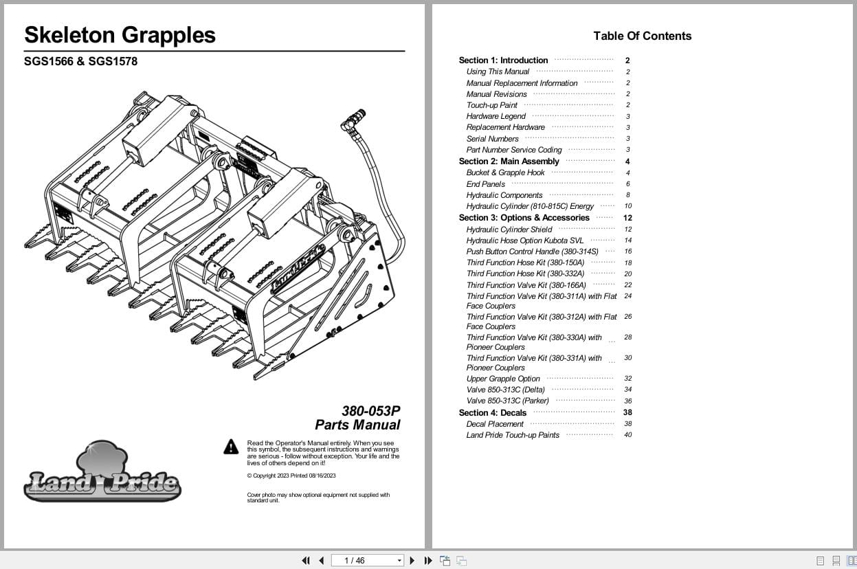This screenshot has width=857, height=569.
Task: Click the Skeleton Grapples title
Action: pos(120,35)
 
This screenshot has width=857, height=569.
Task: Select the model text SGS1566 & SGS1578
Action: pos(80,61)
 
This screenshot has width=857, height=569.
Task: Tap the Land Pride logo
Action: pos(102,471)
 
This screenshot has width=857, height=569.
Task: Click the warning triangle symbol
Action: pos(231,447)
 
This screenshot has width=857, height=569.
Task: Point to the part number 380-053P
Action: pos(370,410)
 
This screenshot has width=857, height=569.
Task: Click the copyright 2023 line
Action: pos(291,476)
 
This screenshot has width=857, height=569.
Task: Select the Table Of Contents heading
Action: pos(643,36)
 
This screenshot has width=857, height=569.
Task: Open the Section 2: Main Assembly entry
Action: pos(509,161)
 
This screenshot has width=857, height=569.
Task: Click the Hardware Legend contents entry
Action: pos(496,116)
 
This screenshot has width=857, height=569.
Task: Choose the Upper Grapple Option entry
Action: pos(503,379)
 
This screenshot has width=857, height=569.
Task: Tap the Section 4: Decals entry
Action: pos(492,413)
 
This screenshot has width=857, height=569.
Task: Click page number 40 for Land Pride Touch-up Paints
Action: pos(628,435)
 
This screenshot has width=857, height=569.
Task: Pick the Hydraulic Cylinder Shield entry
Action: pos(509,230)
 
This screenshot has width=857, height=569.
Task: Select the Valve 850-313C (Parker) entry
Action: pos(507,401)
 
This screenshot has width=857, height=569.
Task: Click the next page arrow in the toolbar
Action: pos(412,561)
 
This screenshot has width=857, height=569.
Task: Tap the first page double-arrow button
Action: pos(306,561)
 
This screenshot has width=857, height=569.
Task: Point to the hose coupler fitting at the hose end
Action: pos(353,120)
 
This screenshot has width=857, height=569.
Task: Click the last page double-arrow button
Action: pos(428,561)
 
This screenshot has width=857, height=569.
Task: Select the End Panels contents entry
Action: pos(485,184)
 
